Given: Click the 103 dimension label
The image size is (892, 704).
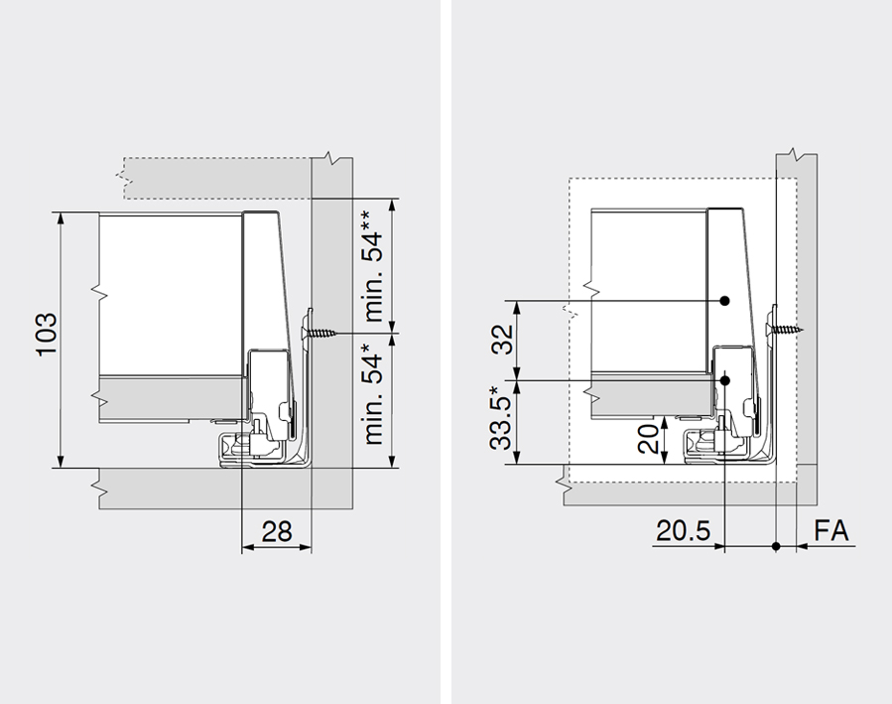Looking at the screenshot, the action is (x=48, y=334).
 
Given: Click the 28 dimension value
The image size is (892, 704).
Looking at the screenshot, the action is (x=277, y=531).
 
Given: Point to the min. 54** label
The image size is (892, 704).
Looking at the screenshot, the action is (x=374, y=266).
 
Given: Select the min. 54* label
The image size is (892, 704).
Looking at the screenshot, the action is (x=374, y=399).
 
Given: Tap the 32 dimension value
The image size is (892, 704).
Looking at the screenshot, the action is (x=502, y=340).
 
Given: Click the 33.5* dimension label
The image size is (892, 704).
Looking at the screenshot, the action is (x=501, y=418).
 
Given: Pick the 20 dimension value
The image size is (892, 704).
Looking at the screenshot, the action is (x=648, y=439).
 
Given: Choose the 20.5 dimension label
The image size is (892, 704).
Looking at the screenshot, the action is (x=684, y=531).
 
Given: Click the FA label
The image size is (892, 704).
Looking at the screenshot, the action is (x=831, y=531).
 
